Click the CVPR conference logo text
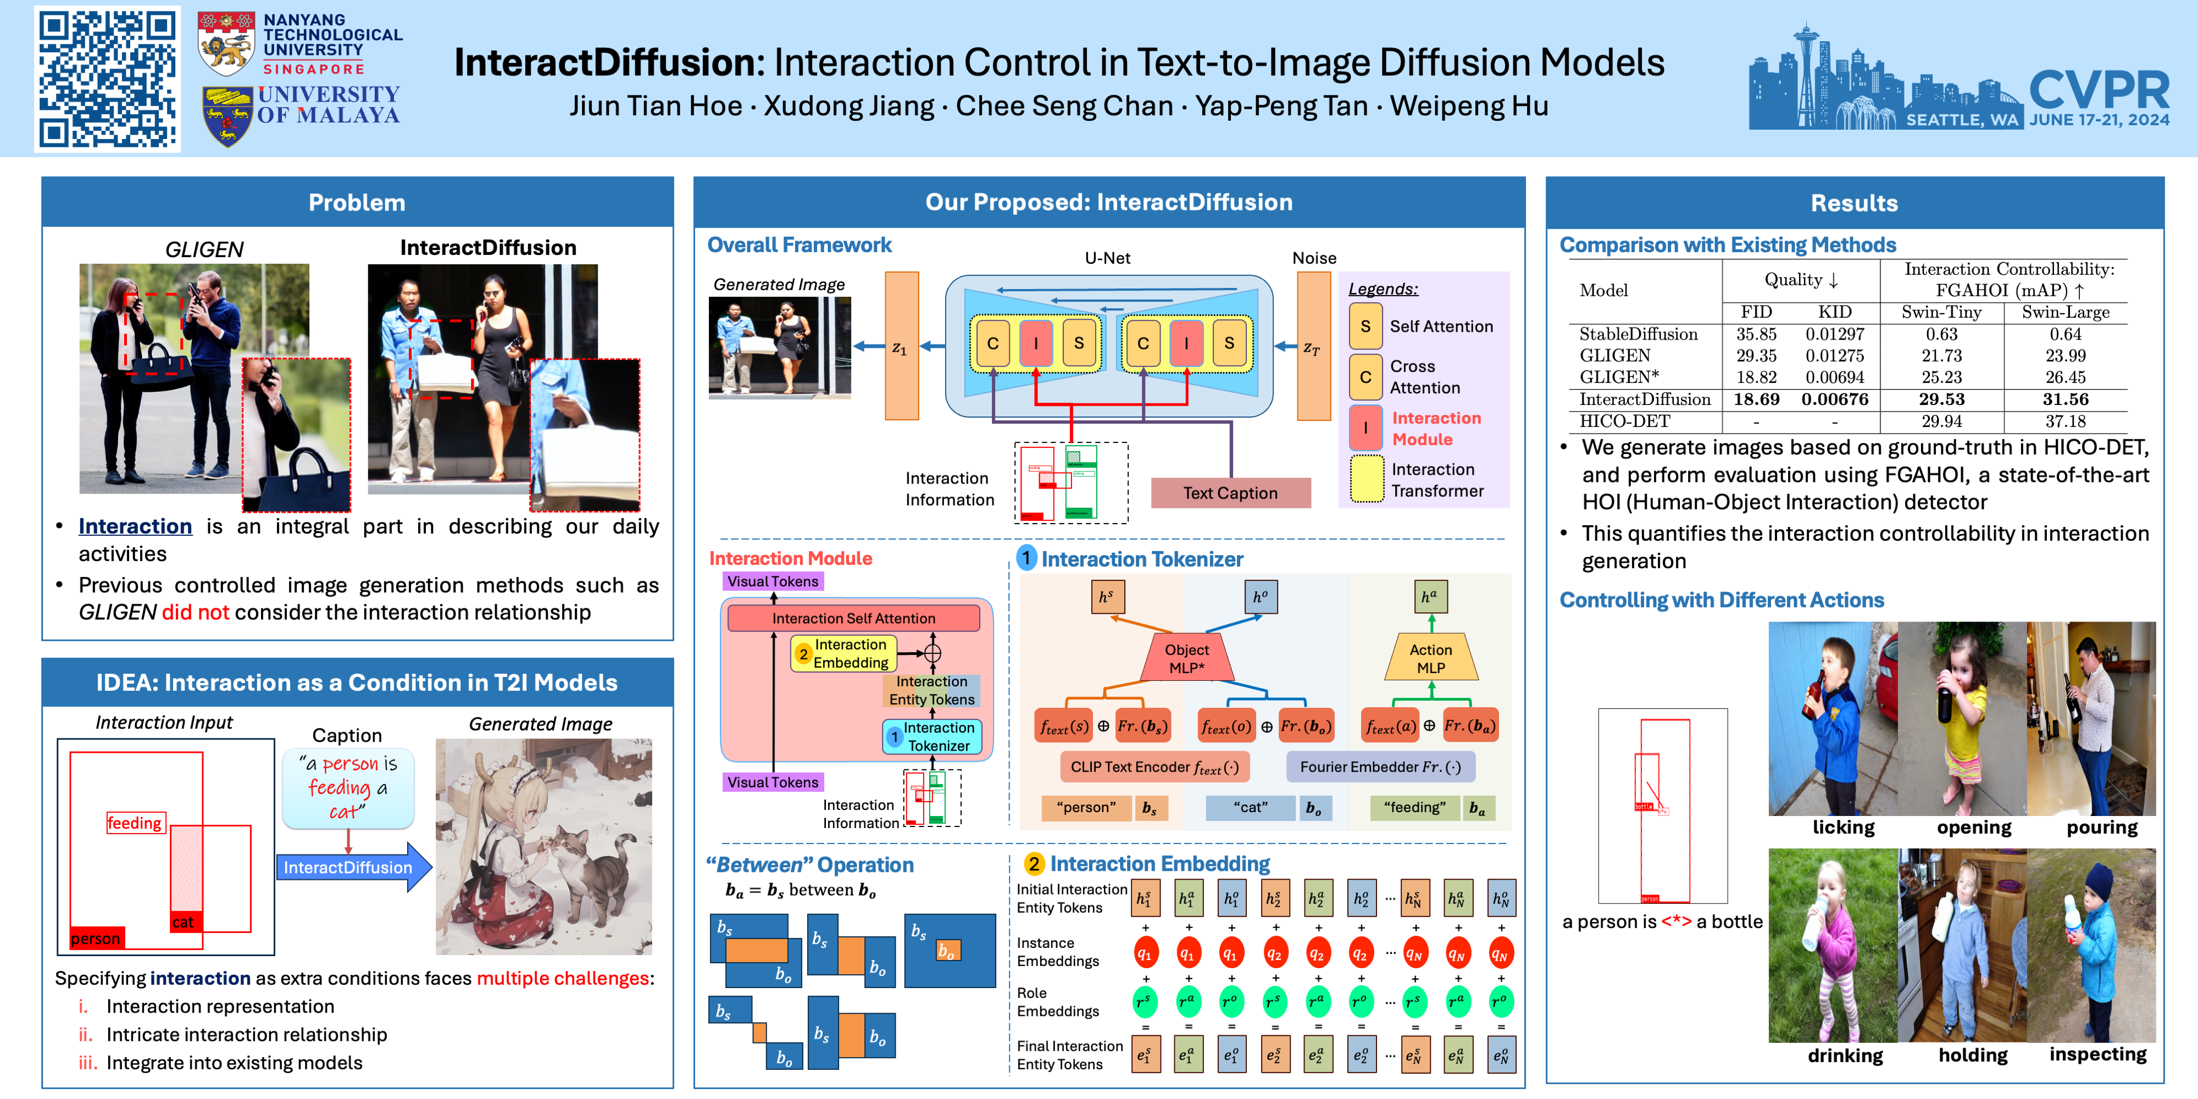(2099, 90)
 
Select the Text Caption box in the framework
(1230, 493)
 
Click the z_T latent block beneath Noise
(1312, 346)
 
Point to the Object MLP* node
(1186, 658)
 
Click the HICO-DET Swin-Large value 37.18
(2065, 421)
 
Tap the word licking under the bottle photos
(1843, 828)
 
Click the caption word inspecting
(2097, 1054)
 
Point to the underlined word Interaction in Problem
(135, 526)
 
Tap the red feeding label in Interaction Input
(134, 823)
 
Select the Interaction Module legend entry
(1435, 429)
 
